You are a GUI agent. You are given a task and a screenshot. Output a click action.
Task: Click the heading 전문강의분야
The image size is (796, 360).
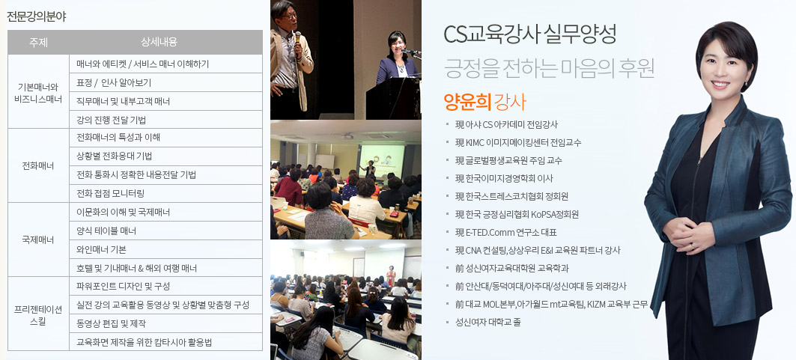(x=36, y=16)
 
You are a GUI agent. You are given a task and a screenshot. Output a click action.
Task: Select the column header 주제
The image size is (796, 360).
(x=39, y=43)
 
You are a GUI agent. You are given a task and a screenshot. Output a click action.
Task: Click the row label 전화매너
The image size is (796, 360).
(x=39, y=166)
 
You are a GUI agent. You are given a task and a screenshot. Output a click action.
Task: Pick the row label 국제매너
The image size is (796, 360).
(x=39, y=240)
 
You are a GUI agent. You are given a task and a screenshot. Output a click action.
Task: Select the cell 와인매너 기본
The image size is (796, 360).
(x=101, y=249)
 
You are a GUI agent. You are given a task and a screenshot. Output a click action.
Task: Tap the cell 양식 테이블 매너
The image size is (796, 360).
(x=106, y=231)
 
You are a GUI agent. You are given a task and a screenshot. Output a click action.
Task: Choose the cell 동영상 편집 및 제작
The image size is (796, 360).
(x=111, y=323)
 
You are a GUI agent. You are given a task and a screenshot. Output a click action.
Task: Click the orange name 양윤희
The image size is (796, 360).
(x=467, y=103)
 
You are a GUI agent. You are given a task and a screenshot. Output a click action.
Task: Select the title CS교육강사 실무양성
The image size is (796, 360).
(x=530, y=34)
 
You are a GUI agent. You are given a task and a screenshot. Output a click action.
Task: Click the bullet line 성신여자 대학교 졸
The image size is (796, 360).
(x=487, y=322)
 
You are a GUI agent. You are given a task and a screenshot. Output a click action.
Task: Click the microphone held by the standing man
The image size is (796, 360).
(x=297, y=37)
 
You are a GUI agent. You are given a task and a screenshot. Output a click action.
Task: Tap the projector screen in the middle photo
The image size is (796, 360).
(x=382, y=160)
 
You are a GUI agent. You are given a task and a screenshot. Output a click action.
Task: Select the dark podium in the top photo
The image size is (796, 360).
(x=392, y=99)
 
